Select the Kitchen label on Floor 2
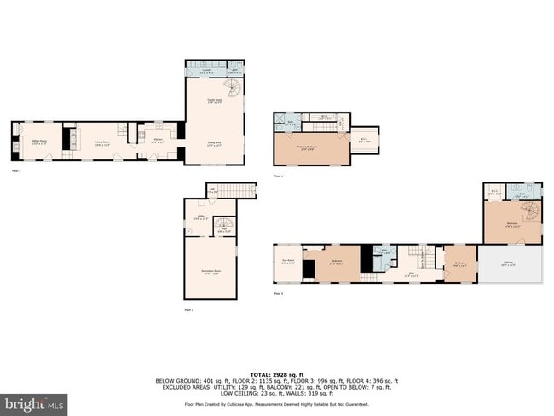click(x=159, y=141)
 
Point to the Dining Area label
click(x=214, y=143)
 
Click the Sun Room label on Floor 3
click(x=287, y=261)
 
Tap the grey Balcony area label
click(x=510, y=264)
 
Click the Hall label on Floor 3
click(x=411, y=274)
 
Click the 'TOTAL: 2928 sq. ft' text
click(x=277, y=373)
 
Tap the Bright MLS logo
click(x=35, y=402)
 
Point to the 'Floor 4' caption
click(x=279, y=175)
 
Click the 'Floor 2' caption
click(x=15, y=171)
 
